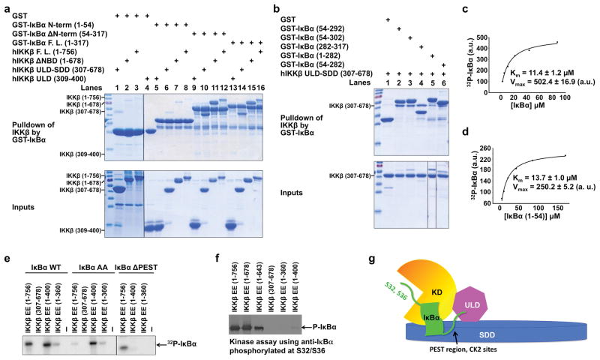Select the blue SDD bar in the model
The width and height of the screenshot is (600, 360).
click(x=525, y=335)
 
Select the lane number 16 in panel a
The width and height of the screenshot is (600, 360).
click(x=260, y=87)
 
